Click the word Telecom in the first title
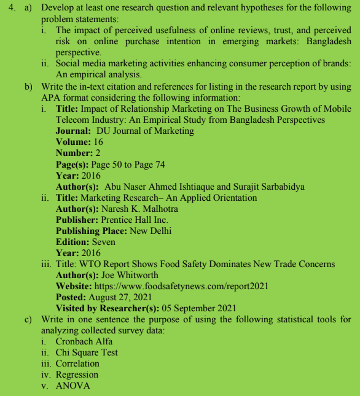[72, 120]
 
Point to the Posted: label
[72, 297]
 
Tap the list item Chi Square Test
[86, 352]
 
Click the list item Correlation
[77, 363]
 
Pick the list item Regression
[77, 375]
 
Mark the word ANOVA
[72, 386]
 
